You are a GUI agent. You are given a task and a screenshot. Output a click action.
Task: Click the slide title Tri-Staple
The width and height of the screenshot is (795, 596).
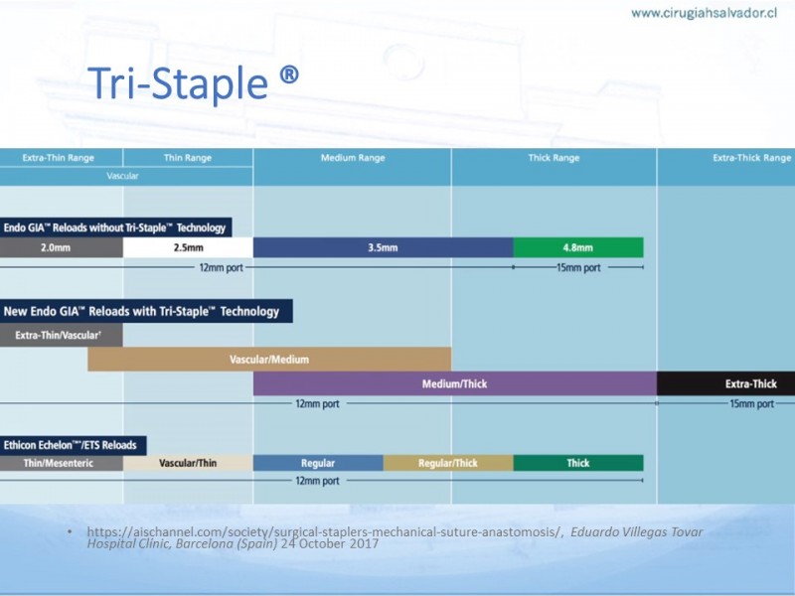(193, 83)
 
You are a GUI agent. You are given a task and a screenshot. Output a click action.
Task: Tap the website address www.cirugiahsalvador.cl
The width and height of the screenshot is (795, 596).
(704, 13)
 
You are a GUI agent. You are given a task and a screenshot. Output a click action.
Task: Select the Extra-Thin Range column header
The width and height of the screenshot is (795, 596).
(59, 158)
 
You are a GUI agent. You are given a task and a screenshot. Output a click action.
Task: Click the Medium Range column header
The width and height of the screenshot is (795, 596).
(353, 158)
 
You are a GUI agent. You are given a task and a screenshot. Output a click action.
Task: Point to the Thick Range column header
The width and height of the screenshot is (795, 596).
(554, 158)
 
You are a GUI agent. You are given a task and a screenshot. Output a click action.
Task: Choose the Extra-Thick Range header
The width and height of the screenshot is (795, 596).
(752, 158)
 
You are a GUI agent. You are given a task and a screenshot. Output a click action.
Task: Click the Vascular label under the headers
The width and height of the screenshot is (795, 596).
(122, 176)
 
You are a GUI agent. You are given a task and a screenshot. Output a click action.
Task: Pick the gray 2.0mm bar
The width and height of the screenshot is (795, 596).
(62, 247)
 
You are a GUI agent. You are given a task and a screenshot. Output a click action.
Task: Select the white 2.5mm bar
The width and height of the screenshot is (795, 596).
(188, 247)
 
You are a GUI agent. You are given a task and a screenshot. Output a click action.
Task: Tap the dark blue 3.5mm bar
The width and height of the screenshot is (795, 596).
(384, 247)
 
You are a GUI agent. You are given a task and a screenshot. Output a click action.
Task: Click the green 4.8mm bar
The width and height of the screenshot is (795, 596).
(578, 247)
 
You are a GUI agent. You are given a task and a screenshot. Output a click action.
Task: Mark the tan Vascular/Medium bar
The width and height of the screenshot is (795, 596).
(269, 360)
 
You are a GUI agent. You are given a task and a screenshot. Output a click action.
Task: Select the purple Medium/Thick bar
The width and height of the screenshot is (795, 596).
(455, 383)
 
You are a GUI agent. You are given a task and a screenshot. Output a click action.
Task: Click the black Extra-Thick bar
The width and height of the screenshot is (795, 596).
(726, 383)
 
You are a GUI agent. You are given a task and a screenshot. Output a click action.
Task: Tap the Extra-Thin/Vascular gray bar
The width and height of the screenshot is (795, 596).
(62, 335)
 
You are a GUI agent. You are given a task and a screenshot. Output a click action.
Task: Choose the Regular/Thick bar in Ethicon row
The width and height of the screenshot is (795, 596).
(448, 463)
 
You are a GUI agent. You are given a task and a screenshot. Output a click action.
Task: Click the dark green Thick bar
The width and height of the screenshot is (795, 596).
(578, 463)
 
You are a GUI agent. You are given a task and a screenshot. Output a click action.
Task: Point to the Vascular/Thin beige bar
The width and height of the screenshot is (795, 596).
(188, 463)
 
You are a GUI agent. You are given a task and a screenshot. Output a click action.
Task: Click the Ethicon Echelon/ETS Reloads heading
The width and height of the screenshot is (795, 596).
(73, 445)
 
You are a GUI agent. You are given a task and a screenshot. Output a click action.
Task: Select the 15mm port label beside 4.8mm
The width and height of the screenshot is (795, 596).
(578, 267)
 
